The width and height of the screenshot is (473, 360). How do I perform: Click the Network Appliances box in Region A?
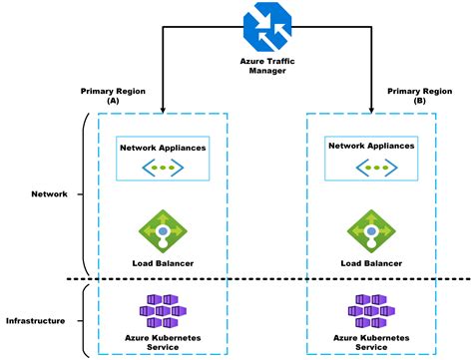click(163, 158)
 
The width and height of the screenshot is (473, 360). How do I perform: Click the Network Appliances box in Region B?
click(371, 158)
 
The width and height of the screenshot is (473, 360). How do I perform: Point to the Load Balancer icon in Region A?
click(163, 230)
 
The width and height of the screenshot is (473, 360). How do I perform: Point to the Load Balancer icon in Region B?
click(371, 230)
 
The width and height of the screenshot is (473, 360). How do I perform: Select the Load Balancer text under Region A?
click(163, 264)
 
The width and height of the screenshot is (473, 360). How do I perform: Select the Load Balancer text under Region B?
click(371, 264)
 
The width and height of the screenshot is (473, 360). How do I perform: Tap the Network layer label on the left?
click(49, 194)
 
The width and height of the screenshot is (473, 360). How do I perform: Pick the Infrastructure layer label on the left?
click(36, 321)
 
